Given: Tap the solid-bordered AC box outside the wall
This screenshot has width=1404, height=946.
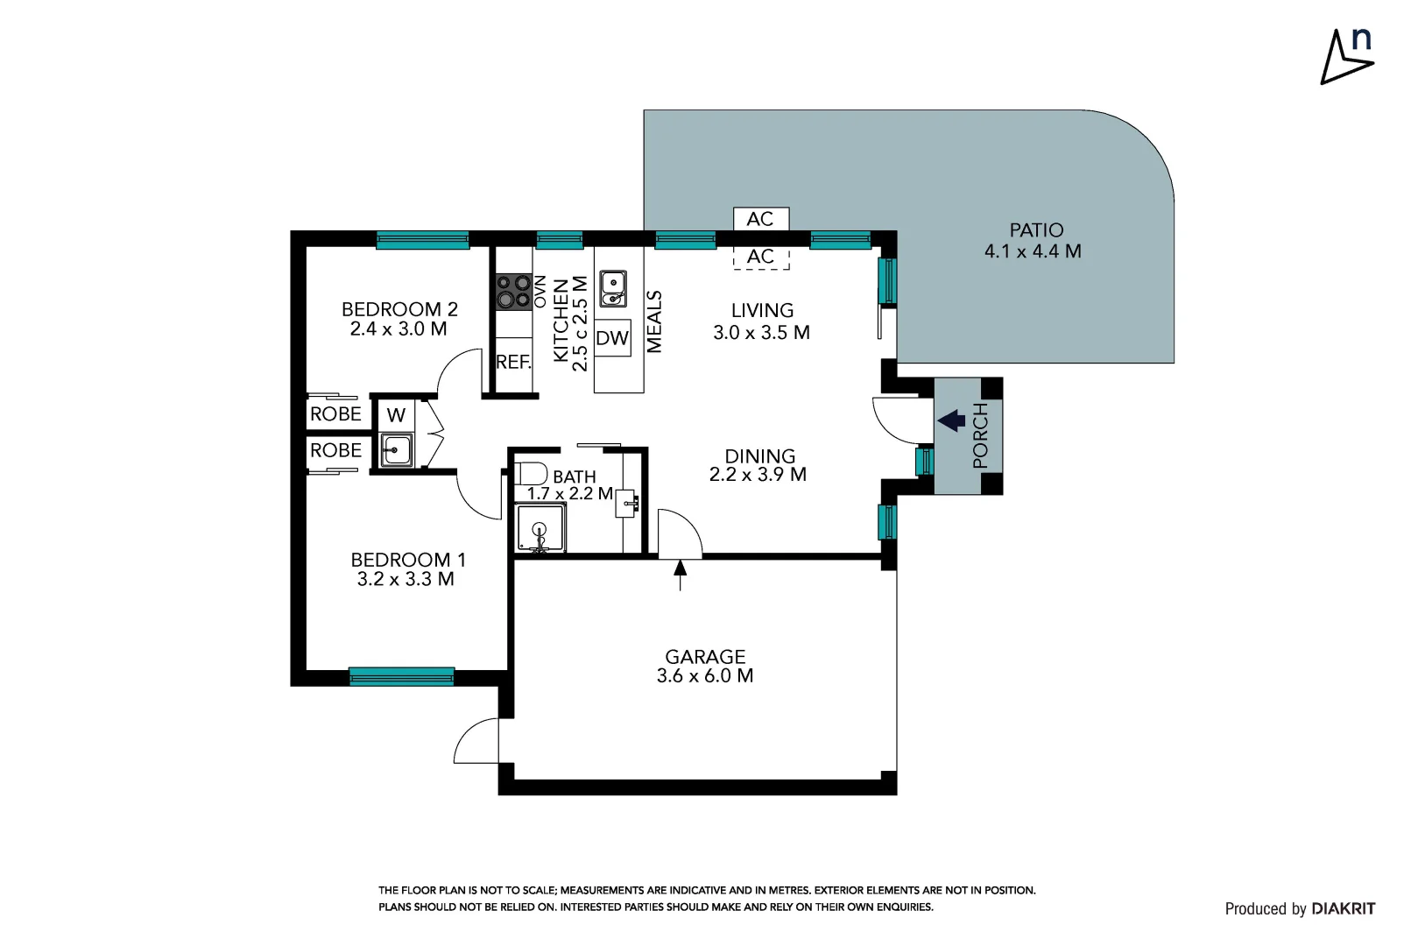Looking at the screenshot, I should coord(760,219).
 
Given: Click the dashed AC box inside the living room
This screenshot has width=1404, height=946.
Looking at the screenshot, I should coord(760,257).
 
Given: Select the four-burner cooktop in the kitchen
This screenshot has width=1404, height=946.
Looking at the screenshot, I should coord(513,292).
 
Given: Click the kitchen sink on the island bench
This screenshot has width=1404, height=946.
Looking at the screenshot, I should coord(612,288).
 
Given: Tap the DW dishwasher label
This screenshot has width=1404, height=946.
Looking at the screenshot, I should coord(612,338).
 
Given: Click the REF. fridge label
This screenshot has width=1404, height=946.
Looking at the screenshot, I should coord(513,362).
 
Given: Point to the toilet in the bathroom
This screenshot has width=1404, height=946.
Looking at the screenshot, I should coord(530,473).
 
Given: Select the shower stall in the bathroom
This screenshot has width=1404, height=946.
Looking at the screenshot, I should coord(540,528).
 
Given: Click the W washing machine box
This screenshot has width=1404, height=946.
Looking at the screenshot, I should coord(396,415).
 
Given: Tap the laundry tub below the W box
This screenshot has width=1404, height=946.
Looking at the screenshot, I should coord(397,450).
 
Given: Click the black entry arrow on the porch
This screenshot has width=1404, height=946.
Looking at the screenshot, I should coord(951,421).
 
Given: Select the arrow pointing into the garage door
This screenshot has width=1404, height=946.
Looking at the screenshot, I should coord(680,575).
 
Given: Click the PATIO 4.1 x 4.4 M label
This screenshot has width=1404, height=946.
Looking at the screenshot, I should coord(1034,241).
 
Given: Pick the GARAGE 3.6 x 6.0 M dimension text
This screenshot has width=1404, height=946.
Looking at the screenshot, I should coord(705,675).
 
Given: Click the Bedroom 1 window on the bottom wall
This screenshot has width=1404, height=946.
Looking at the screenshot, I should coord(402,675).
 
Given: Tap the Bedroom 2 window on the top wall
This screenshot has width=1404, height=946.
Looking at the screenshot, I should coord(422,239).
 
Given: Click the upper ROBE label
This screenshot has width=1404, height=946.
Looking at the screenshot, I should coord(335,414).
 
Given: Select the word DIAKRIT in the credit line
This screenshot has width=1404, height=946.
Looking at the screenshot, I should coord(1344,908).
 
